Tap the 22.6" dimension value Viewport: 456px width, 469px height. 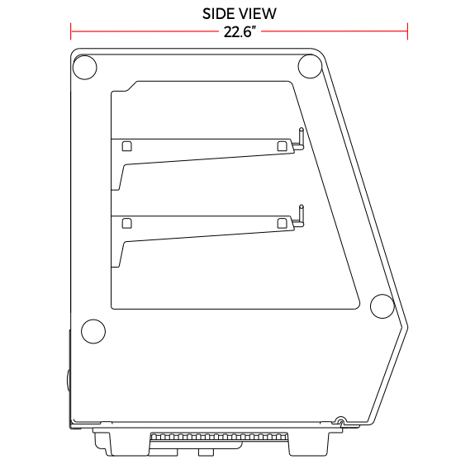(240, 31)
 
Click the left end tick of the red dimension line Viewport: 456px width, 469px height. (70, 31)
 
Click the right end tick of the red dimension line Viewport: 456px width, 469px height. (407, 31)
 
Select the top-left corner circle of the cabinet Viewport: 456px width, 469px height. (85, 68)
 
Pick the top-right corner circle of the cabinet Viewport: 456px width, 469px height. (310, 66)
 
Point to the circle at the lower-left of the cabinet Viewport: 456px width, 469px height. (93, 331)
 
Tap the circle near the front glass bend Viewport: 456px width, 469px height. (382, 306)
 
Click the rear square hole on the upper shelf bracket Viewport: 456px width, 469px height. (127, 146)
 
